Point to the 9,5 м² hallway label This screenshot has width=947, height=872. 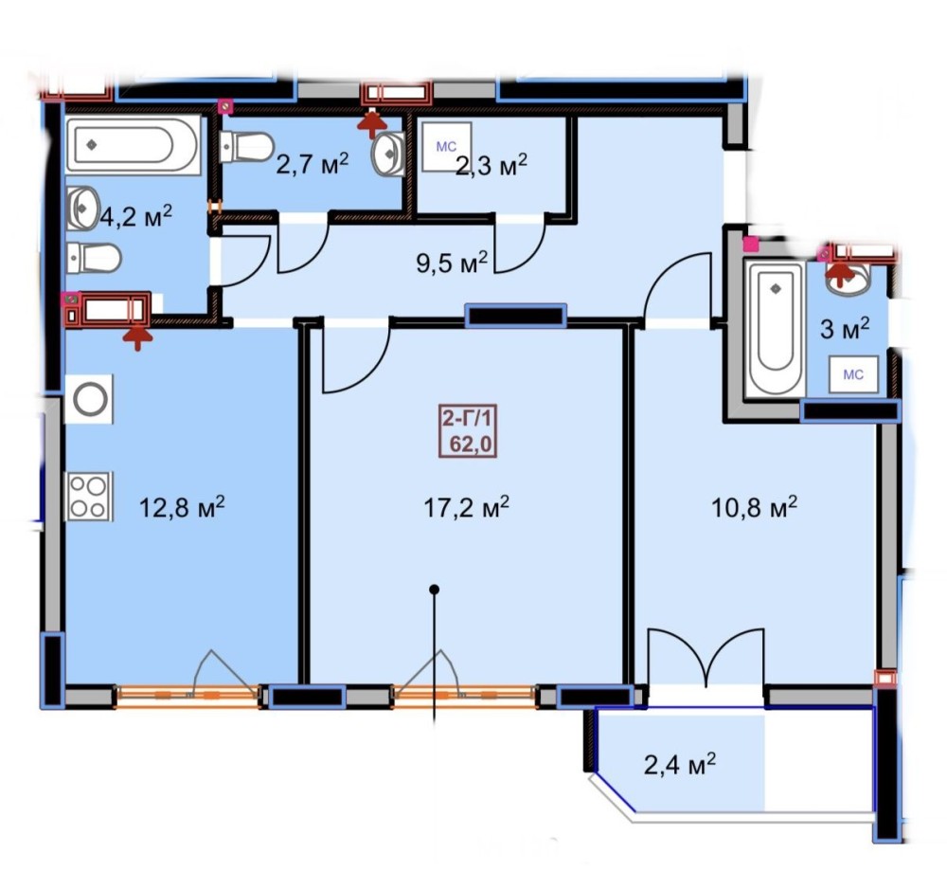pos(453,263)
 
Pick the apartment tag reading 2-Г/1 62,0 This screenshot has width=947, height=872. pos(468,430)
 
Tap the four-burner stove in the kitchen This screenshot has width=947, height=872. pos(88,496)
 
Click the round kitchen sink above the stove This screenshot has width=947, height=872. pos(89,399)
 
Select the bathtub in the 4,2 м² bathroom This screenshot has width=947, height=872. pos(133,145)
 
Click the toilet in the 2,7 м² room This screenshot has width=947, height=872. pos(246,147)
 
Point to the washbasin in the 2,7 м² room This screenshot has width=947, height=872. pos(389,154)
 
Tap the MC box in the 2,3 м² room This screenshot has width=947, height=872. pos(446,147)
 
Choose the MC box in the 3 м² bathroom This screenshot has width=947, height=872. pos(853,374)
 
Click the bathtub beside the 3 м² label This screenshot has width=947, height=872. pos(775,329)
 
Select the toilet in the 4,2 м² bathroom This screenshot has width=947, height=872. pos(94,259)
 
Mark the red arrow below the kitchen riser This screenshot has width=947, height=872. pos(137,336)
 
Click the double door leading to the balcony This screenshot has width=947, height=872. pos(706,658)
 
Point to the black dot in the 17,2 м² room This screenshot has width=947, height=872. pos(434,590)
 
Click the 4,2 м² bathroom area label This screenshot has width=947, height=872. pos(135,216)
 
